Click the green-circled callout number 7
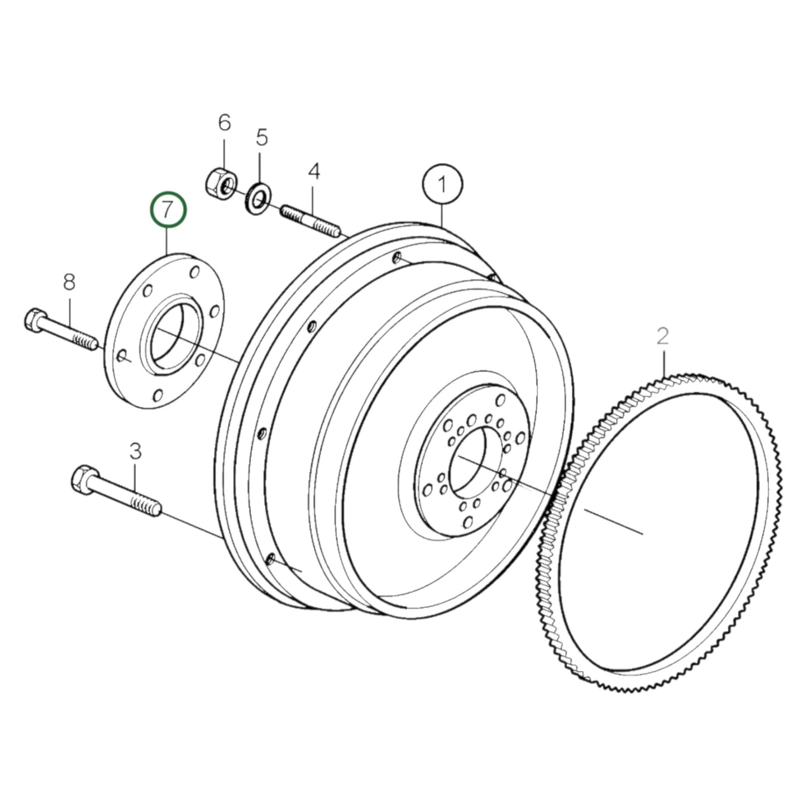coord(168,210)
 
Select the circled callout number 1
coord(442,185)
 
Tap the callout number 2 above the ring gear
coord(662,336)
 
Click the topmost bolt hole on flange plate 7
coord(194,273)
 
